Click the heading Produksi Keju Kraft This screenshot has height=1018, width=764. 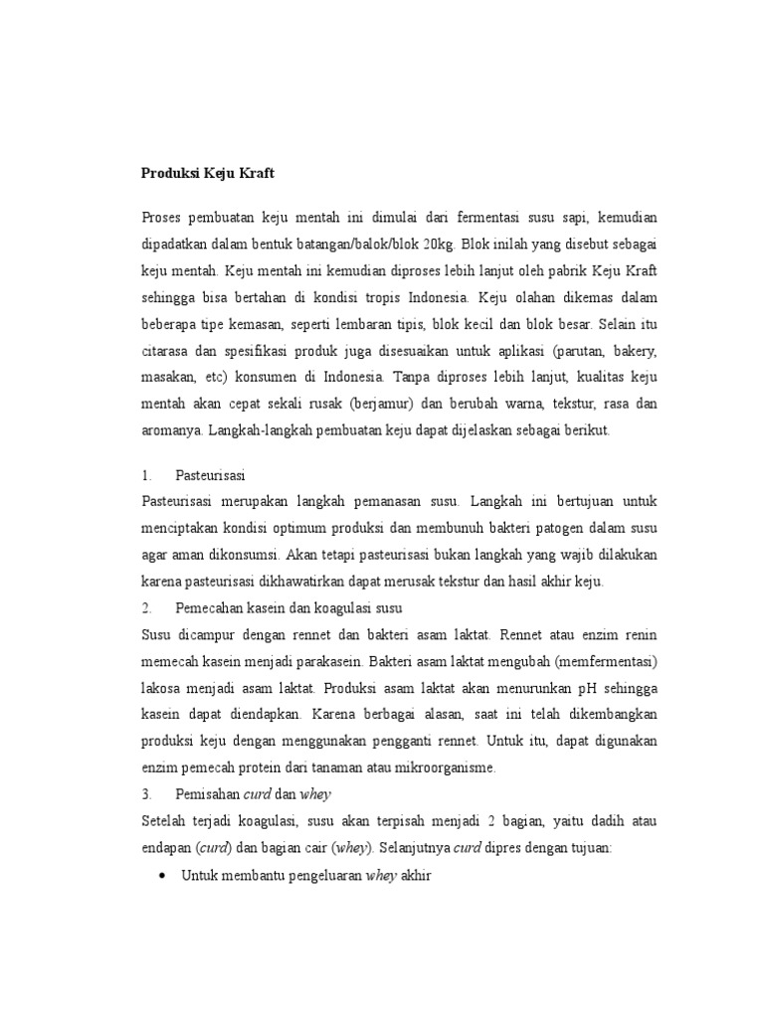point(207,173)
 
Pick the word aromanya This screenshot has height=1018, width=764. point(171,431)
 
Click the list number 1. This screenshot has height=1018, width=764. point(146,475)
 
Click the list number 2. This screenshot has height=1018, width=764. point(146,606)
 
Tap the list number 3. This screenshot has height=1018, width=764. point(146,793)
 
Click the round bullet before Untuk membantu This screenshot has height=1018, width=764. point(163,875)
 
